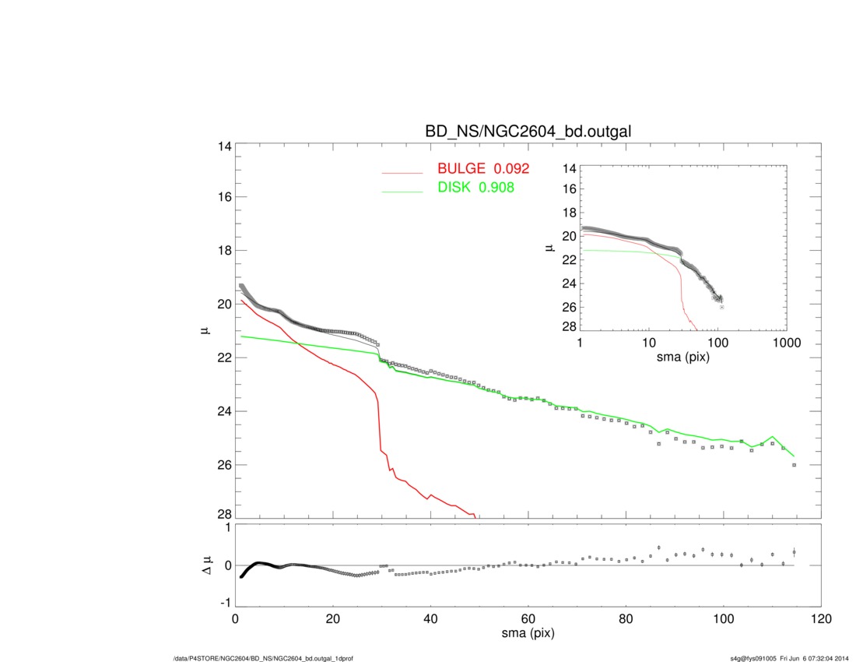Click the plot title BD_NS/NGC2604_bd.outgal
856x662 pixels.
point(528,132)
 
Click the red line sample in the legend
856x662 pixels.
point(402,172)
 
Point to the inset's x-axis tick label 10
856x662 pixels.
point(649,344)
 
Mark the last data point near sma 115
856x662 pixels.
point(794,465)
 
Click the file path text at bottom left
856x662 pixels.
point(265,658)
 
